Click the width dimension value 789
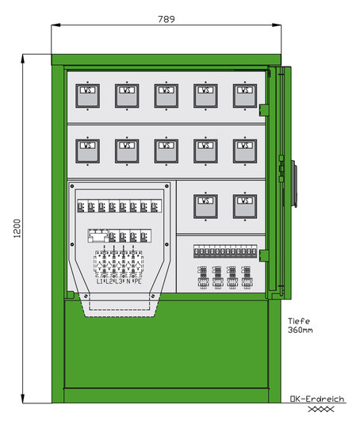165,18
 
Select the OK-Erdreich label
316,399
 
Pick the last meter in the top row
244,95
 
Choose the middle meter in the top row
166,95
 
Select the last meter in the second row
244,149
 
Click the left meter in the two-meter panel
205,205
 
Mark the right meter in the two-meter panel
244,205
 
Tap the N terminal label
128,281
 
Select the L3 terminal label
119,281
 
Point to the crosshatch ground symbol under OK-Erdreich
317,410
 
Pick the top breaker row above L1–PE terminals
119,207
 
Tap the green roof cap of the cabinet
166,58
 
